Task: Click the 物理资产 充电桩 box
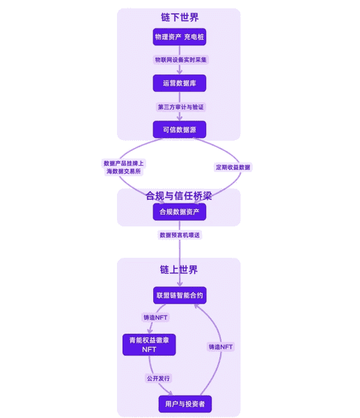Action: (x=180, y=36)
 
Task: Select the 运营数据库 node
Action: (x=180, y=83)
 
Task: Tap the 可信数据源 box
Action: (x=180, y=130)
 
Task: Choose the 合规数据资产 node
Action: (x=180, y=212)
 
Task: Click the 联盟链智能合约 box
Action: (x=180, y=295)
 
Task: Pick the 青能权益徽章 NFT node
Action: (x=149, y=345)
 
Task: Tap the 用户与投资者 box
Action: (x=185, y=403)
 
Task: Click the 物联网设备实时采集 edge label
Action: (x=180, y=60)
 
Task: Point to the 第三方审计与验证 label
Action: (x=180, y=107)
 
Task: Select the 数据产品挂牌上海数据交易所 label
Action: (x=124, y=167)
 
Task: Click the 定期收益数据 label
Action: (x=233, y=167)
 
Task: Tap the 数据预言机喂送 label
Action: (x=180, y=235)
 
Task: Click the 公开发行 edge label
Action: (x=157, y=378)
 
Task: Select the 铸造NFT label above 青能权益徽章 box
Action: (x=155, y=318)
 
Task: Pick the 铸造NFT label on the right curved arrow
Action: (x=221, y=346)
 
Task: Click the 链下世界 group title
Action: (x=180, y=17)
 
